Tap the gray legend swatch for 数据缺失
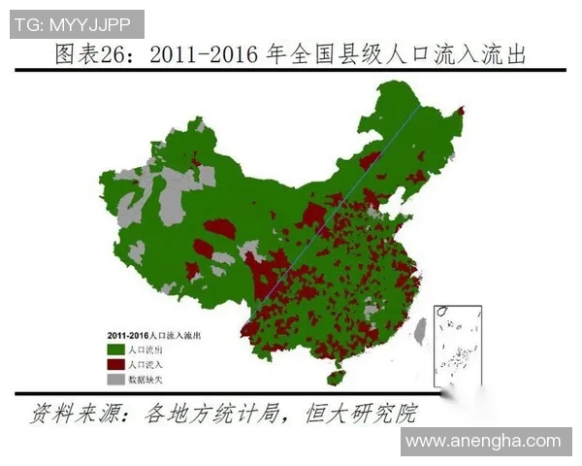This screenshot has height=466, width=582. coord(114,378)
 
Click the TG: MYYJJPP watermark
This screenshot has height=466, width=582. coord(77,22)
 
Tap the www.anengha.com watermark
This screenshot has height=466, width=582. coord(483,441)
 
